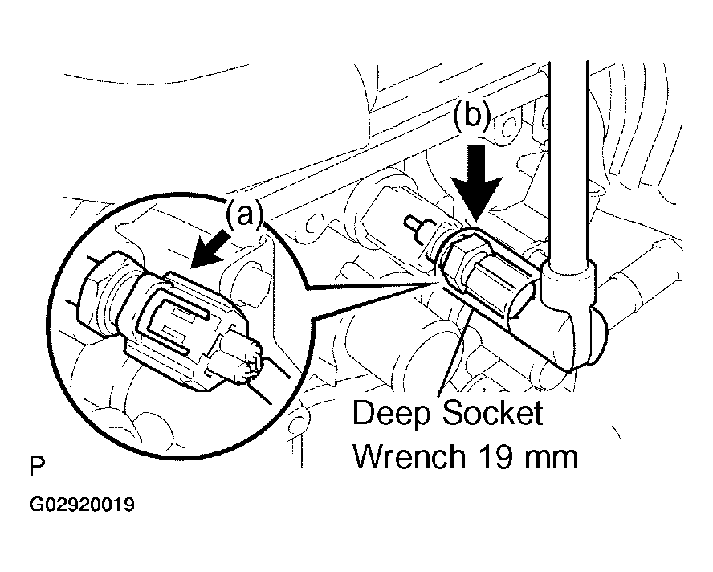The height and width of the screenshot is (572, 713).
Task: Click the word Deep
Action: coord(390,415)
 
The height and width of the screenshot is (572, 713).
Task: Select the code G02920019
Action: coord(83,506)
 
